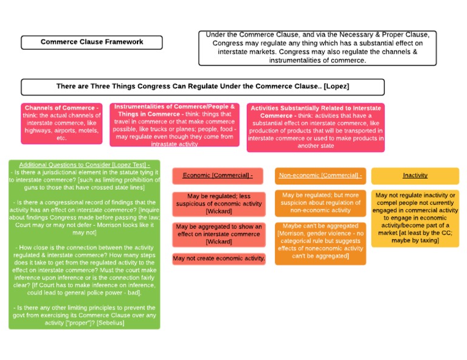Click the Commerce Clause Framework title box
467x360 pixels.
point(92,42)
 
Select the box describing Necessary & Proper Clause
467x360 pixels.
point(317,47)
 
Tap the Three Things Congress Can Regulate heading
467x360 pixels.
point(202,86)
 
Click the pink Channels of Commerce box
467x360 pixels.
point(61,123)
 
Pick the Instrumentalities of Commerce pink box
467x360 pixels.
point(175,125)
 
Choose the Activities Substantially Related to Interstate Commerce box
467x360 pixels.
point(316,127)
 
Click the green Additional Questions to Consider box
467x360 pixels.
point(85,244)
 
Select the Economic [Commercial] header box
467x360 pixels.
point(218,176)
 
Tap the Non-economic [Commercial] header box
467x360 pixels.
point(320,176)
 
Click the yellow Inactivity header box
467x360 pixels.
point(415,176)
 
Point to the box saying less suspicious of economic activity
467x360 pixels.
point(219,204)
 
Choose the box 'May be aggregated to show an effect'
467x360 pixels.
point(219,234)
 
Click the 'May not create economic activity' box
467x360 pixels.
point(219,258)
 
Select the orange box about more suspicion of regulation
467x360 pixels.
point(320,202)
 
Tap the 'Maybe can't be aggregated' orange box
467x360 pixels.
point(320,241)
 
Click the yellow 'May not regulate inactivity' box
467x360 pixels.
point(415,218)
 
